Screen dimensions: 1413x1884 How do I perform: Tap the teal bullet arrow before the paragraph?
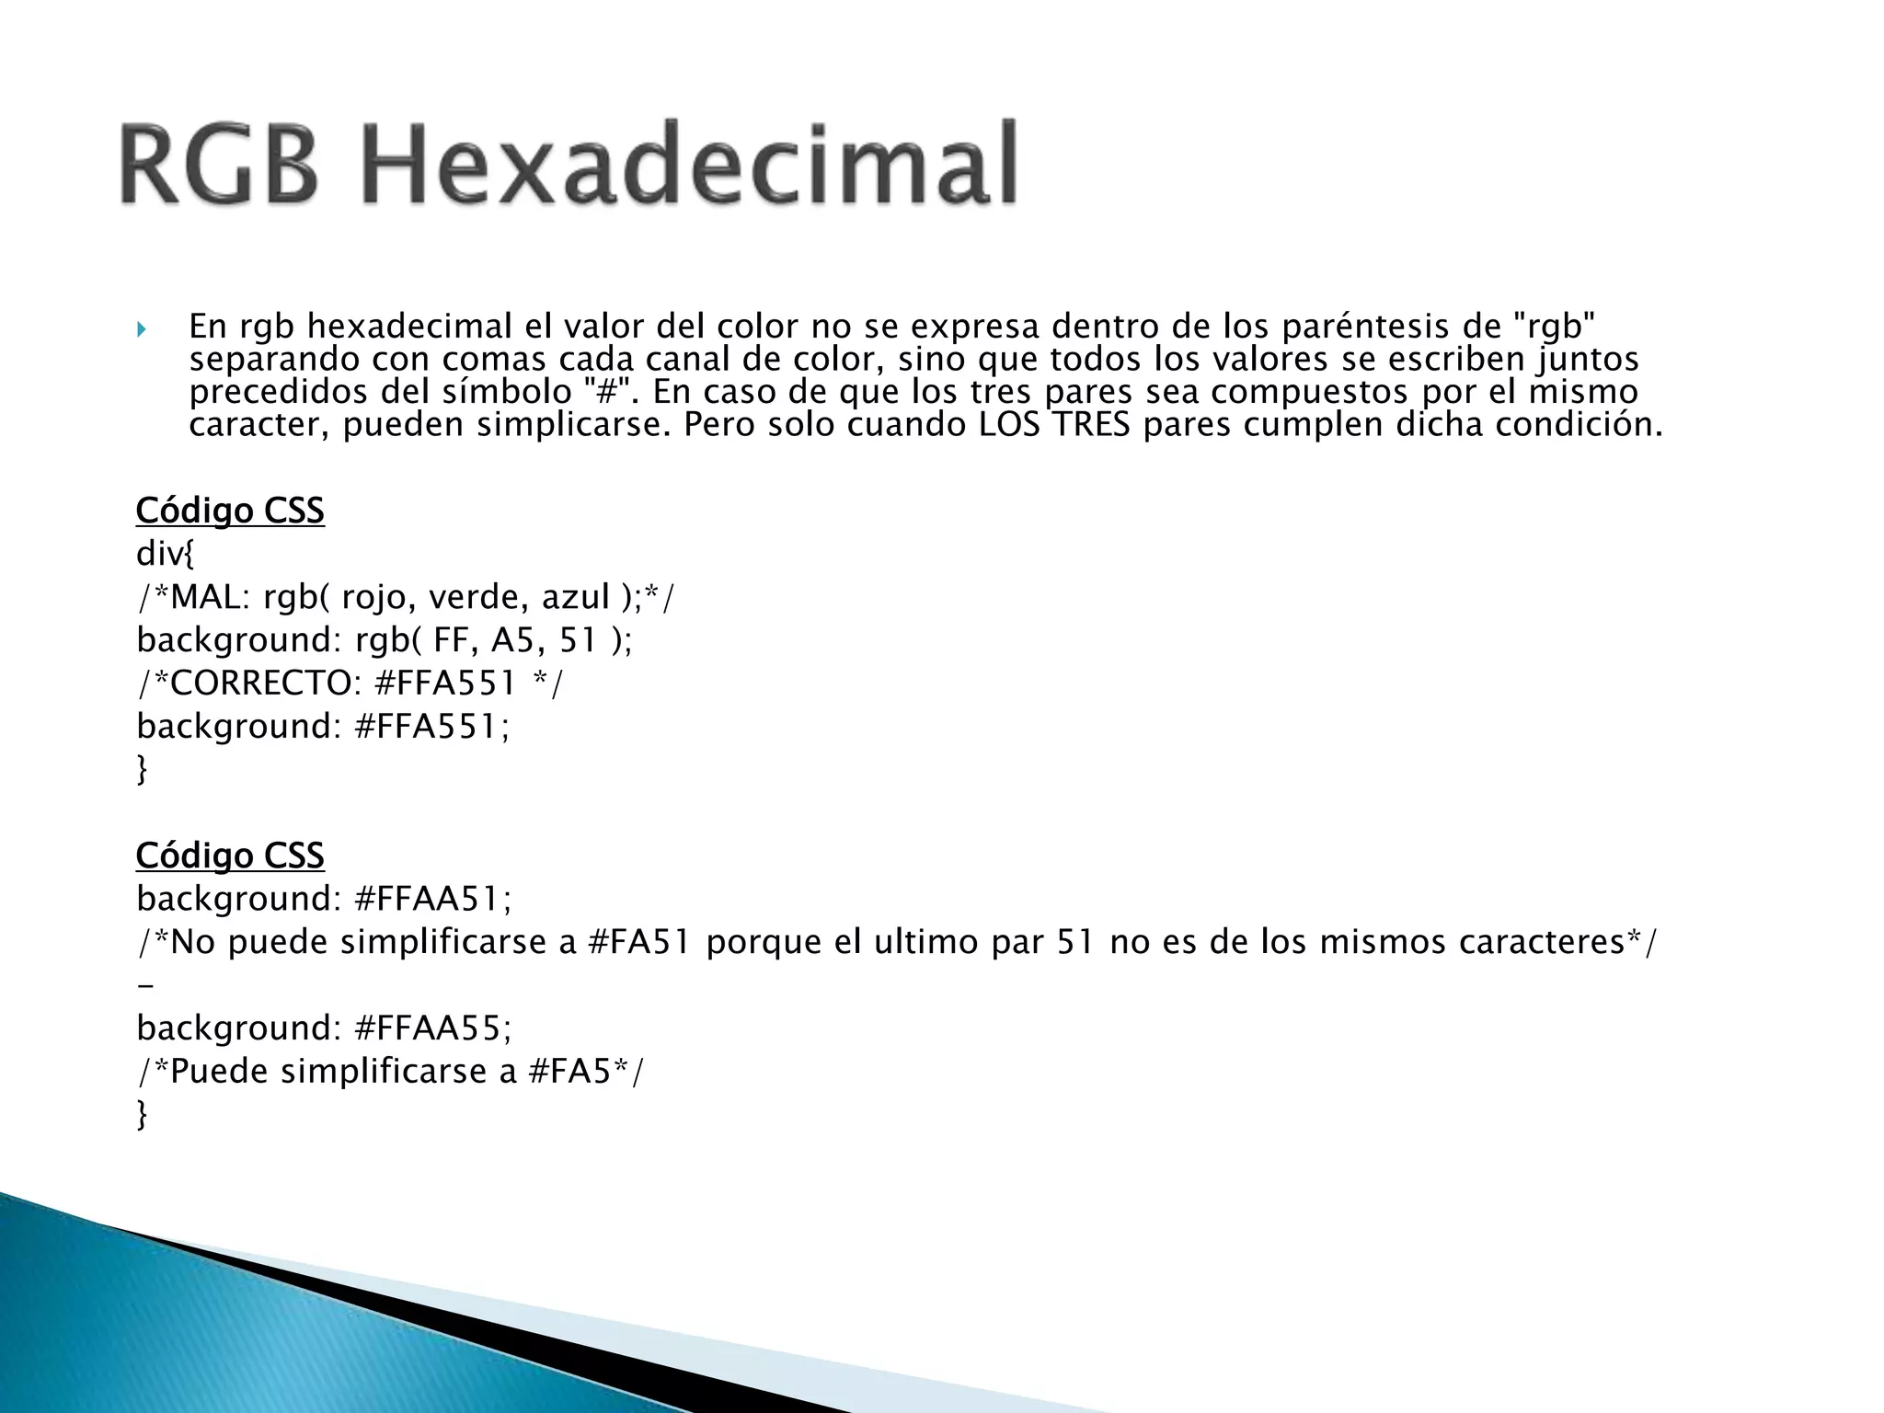click(x=141, y=328)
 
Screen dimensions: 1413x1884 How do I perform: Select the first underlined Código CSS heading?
click(x=230, y=511)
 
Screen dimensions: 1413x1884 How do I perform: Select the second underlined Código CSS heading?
click(x=230, y=856)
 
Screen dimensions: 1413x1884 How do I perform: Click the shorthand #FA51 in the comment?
click(x=638, y=942)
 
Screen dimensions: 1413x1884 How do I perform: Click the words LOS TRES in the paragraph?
click(x=1054, y=425)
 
